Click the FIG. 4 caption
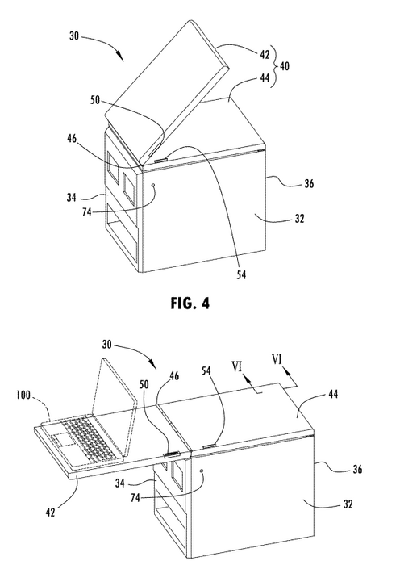pos(190,303)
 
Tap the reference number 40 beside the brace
pos(284,66)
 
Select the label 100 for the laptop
pos(23,395)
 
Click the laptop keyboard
pos(91,437)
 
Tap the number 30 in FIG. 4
pos(73,36)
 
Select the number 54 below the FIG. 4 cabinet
pos(241,275)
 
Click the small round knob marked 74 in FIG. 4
pos(154,185)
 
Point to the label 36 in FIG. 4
pos(309,184)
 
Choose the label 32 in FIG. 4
pos(299,219)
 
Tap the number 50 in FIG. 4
pos(95,100)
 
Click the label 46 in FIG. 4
pos(72,138)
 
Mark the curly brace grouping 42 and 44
pos(275,66)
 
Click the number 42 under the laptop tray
pos(51,512)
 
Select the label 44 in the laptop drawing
pos(333,394)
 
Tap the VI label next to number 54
pos(236,366)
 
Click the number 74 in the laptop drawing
pos(135,498)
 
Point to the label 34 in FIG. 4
pos(71,198)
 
